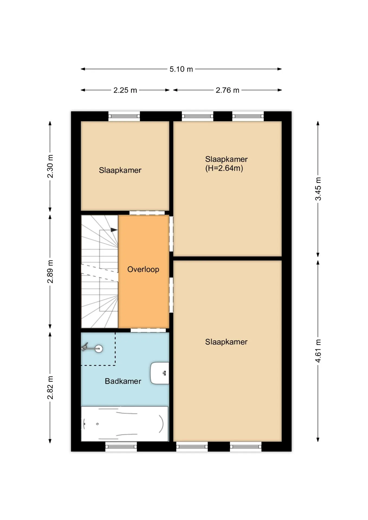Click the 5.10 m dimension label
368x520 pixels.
pos(181,69)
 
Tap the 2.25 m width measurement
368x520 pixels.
pos(125,90)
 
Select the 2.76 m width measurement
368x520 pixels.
pos(227,90)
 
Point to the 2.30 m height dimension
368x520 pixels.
pos(50,166)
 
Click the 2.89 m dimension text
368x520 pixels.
pos(50,271)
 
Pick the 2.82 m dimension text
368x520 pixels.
pos(50,388)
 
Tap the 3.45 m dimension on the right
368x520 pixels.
pos(318,189)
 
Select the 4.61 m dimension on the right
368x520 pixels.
pos(318,351)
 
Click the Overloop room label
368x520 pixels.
pos(143,269)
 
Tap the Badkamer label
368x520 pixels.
pos(123,381)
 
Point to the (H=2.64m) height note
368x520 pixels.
pos(224,168)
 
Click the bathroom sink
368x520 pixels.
pos(160,373)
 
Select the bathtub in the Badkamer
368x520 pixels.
pos(125,424)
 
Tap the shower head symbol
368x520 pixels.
pos(92,348)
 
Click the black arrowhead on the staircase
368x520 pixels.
pos(114,230)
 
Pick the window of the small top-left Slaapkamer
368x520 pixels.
pos(124,116)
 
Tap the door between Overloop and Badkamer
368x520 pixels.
pos(148,330)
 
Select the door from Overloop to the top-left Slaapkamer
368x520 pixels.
pos(147,213)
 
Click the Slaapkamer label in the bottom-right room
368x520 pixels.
pos(226,342)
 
